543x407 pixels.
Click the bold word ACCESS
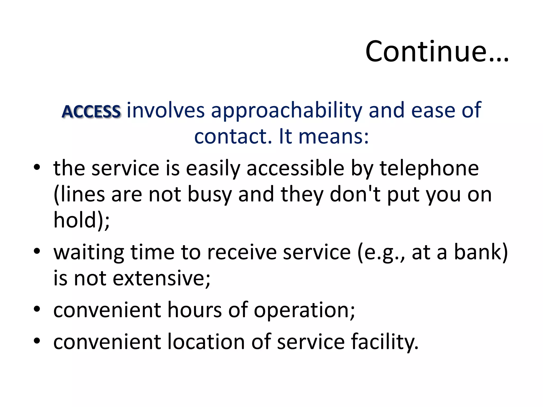point(91,112)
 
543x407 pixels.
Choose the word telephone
point(429,169)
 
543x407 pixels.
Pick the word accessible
point(295,169)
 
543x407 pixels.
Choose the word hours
point(195,310)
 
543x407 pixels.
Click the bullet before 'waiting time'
point(37,251)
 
